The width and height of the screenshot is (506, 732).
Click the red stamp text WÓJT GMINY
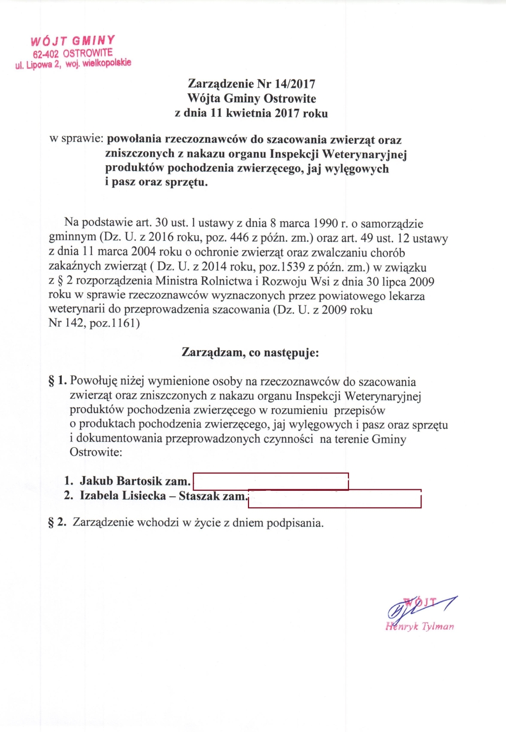(x=73, y=41)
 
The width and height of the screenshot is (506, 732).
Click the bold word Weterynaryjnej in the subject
(x=364, y=154)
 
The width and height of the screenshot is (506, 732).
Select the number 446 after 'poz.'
(x=239, y=238)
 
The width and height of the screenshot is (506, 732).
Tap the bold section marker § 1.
(x=57, y=381)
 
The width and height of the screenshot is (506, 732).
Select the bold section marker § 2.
(x=57, y=522)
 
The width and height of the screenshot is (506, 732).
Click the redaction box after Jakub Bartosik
(x=270, y=481)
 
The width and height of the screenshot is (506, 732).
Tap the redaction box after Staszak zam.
(x=335, y=499)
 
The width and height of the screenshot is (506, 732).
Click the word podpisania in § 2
(x=295, y=523)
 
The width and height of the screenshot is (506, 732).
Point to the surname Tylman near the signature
(x=438, y=626)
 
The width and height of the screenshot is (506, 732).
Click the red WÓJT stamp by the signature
(x=420, y=602)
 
